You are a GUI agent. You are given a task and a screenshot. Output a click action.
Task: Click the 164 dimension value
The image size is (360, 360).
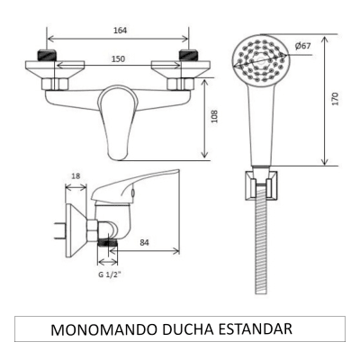(121, 30)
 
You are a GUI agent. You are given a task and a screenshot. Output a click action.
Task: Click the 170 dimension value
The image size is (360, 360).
(334, 99)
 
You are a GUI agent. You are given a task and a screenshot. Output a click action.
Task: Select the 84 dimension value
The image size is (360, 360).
(144, 241)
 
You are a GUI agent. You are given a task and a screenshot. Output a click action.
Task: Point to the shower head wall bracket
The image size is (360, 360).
(261, 185)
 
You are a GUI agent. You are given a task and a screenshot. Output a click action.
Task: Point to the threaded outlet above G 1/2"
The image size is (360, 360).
(108, 241)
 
